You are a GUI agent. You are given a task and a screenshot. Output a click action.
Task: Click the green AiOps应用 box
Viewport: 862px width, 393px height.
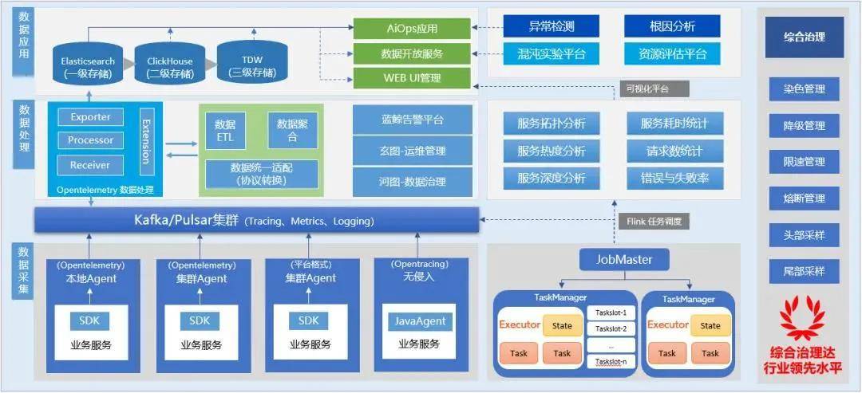tap(411, 29)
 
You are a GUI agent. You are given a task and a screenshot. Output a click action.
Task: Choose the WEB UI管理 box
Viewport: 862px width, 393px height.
tap(411, 78)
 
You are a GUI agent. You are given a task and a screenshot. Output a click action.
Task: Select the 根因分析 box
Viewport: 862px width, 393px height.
tap(672, 26)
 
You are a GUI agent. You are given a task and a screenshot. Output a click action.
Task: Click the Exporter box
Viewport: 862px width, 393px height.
tap(90, 117)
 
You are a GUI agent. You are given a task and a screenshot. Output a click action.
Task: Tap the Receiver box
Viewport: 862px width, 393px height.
tap(90, 165)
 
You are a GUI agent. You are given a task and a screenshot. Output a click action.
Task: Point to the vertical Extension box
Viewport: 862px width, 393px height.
tap(145, 141)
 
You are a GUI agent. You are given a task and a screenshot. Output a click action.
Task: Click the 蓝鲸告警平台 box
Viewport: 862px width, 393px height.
tap(412, 120)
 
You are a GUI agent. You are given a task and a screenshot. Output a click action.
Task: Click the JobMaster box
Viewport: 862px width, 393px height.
tap(624, 260)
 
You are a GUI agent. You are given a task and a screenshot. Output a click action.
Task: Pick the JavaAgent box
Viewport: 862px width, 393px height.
tap(419, 321)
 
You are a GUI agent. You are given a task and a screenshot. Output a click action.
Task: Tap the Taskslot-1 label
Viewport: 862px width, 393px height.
tap(611, 312)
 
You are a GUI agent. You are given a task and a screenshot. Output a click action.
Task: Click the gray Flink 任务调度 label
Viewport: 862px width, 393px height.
tap(652, 221)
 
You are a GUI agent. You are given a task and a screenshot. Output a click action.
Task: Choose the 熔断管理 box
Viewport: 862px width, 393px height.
tap(803, 198)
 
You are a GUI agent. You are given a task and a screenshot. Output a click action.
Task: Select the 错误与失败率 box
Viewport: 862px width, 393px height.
tap(674, 178)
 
